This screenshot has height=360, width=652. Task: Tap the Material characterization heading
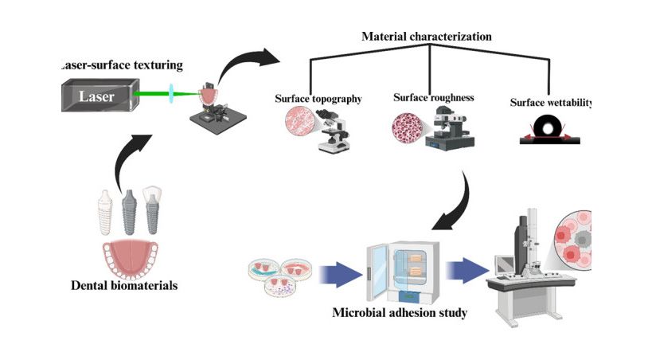427,37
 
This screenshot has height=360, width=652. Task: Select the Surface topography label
318,99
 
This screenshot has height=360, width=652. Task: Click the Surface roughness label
434,98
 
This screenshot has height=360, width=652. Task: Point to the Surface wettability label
552,104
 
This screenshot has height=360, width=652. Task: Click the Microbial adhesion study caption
399,312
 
